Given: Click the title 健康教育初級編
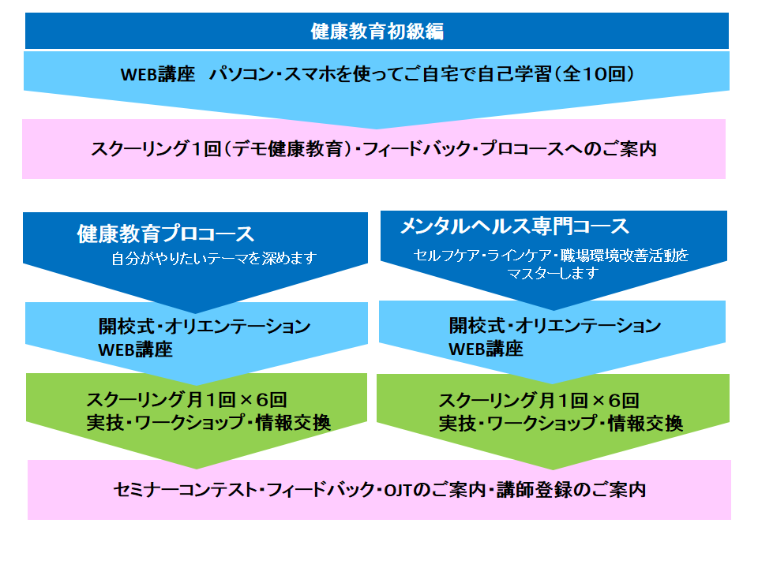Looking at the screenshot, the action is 377,32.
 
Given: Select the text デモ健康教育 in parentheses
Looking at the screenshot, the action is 288,149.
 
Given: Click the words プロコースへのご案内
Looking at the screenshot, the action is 569,149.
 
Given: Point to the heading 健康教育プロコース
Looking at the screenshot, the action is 166,234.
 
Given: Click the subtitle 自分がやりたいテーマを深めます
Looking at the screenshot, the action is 214,259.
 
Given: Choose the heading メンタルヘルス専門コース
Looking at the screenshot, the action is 515,226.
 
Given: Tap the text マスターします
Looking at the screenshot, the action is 553,274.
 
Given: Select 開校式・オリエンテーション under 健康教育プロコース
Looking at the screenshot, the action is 205,327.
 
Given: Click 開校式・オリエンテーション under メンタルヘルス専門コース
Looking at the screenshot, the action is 555,326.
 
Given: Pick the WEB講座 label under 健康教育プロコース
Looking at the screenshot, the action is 135,349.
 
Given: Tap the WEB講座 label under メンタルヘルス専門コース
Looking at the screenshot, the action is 486,349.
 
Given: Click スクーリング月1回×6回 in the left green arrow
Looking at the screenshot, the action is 186,400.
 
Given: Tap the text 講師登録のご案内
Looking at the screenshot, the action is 572,490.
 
